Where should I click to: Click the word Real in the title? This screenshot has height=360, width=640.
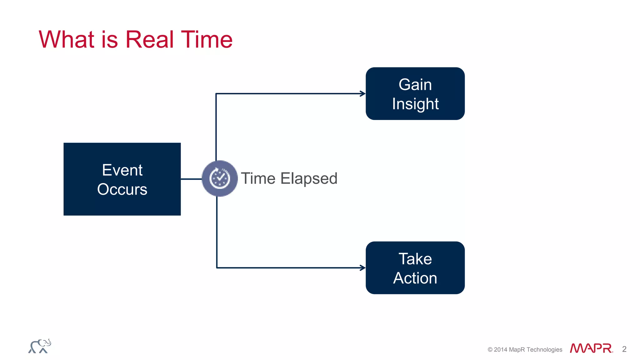(149, 40)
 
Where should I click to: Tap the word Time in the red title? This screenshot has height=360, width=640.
(207, 40)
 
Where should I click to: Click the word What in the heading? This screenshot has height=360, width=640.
(67, 40)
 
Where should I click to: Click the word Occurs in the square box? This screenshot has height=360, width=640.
(122, 189)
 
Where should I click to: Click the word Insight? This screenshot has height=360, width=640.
(415, 104)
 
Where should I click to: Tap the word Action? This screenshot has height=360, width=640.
(415, 278)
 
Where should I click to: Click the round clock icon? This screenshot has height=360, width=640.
(220, 178)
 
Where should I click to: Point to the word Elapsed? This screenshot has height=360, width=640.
(309, 179)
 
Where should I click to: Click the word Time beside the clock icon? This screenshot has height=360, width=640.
(258, 179)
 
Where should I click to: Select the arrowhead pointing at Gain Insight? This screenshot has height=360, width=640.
(362, 93)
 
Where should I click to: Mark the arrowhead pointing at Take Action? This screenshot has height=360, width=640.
(362, 268)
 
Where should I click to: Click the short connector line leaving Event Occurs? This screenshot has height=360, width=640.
(191, 179)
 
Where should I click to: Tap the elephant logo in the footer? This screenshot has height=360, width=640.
(40, 346)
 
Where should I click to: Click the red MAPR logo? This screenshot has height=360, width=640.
(591, 348)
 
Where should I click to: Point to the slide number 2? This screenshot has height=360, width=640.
(624, 349)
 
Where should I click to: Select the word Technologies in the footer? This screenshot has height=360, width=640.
(544, 350)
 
